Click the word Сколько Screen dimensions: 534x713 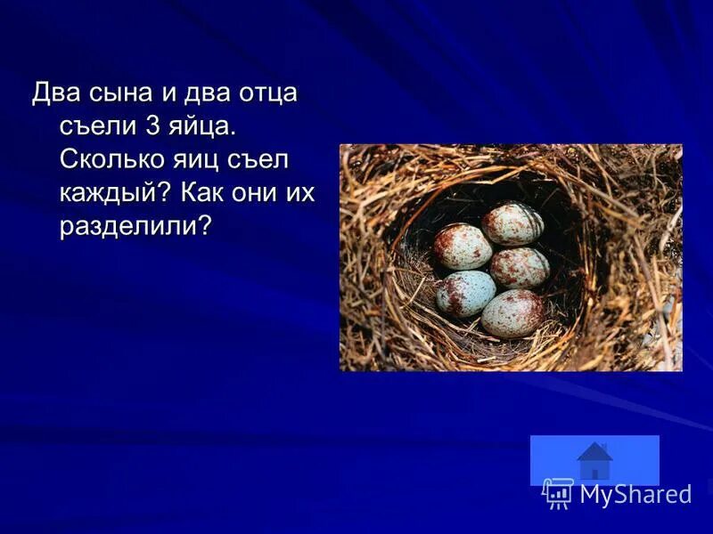(x=115, y=160)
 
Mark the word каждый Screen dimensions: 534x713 (x=113, y=193)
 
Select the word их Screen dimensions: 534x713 (x=304, y=193)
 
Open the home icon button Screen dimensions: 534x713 (x=594, y=461)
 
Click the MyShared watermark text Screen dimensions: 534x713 (x=635, y=494)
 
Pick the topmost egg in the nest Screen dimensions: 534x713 (x=511, y=223)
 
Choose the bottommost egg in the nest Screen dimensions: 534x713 (x=512, y=312)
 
